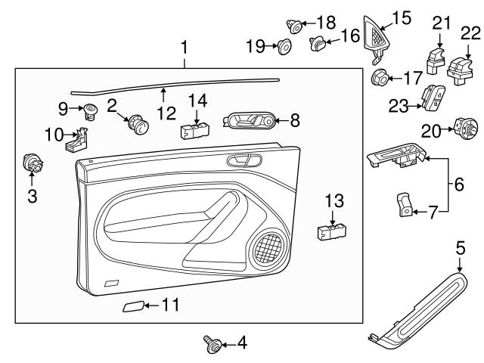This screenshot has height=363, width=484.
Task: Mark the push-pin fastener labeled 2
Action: click(138, 124)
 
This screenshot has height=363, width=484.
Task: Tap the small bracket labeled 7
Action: click(405, 205)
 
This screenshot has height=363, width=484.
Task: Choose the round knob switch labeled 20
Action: click(462, 129)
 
